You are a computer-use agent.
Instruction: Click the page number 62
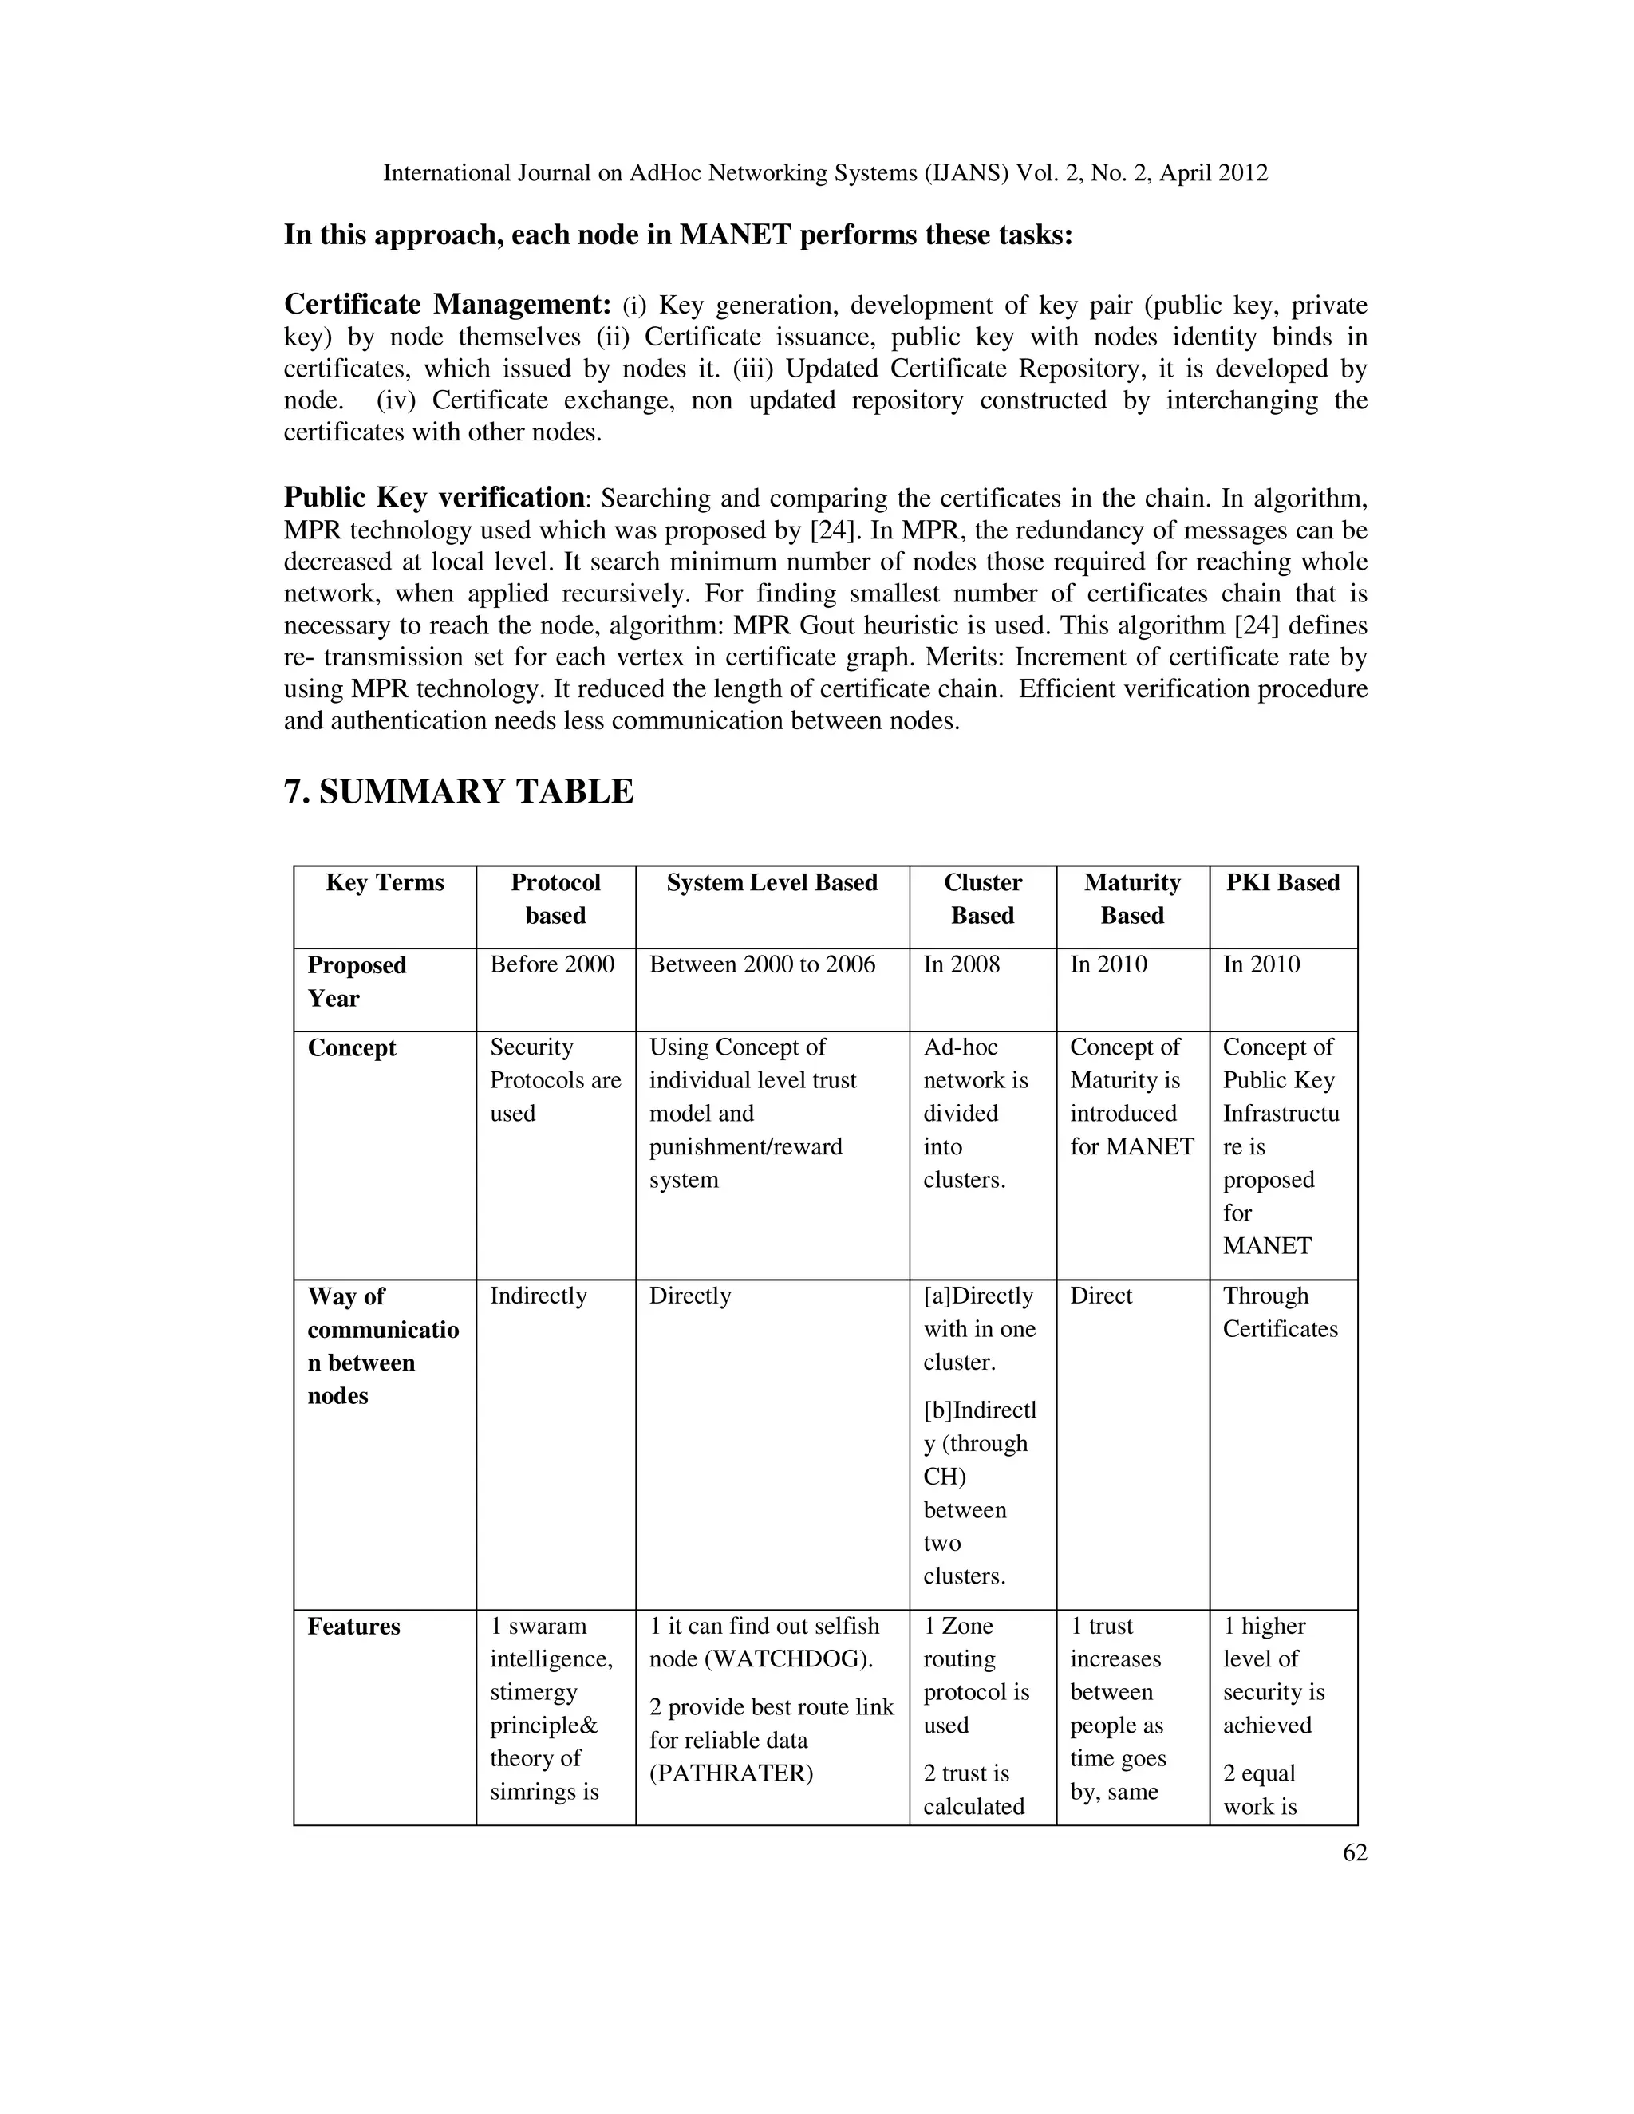pyautogui.click(x=1354, y=1852)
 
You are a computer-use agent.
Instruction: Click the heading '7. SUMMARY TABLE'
pyautogui.click(x=459, y=792)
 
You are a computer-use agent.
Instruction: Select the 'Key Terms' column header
pyautogui.click(x=385, y=883)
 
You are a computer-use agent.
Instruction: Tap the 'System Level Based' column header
pyautogui.click(x=772, y=883)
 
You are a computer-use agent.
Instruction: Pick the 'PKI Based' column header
pyautogui.click(x=1283, y=883)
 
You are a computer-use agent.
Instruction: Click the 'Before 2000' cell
pyautogui.click(x=552, y=964)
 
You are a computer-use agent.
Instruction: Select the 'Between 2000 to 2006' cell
pyautogui.click(x=762, y=964)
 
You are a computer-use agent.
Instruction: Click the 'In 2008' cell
pyautogui.click(x=961, y=964)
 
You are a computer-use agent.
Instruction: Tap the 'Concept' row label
pyautogui.click(x=351, y=1048)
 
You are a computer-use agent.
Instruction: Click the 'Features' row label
pyautogui.click(x=353, y=1626)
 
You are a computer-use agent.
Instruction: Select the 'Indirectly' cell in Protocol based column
pyautogui.click(x=539, y=1296)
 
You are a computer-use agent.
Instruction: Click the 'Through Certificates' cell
pyautogui.click(x=1280, y=1312)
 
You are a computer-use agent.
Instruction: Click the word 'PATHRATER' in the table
pyautogui.click(x=731, y=1773)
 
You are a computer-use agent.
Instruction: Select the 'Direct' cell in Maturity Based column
pyautogui.click(x=1100, y=1296)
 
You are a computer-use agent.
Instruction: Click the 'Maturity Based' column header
pyautogui.click(x=1131, y=899)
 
